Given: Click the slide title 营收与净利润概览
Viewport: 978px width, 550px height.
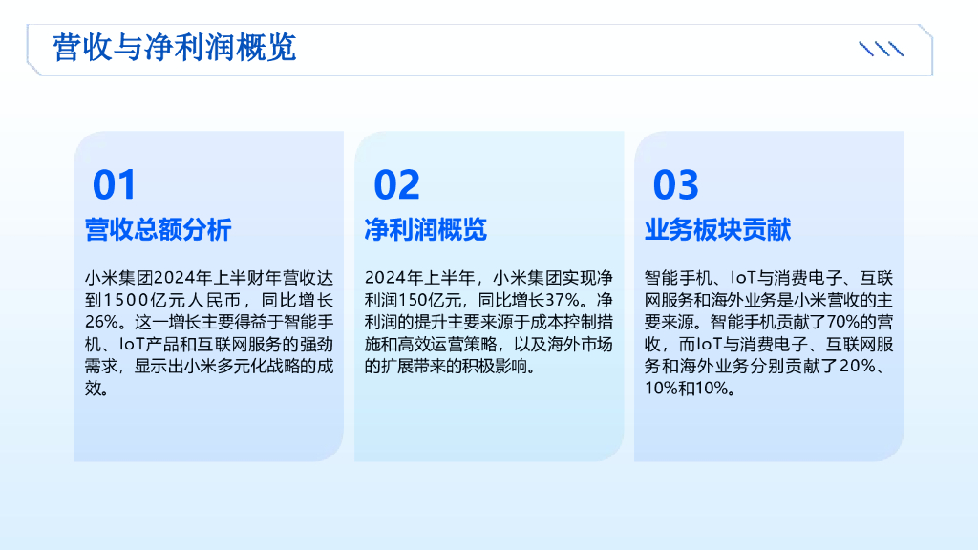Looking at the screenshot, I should coord(175,48).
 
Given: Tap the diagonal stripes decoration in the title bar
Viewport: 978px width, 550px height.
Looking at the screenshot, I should coord(881,49).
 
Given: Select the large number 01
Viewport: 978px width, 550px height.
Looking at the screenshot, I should coord(115,184).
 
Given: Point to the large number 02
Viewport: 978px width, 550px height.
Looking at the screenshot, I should coord(396,184).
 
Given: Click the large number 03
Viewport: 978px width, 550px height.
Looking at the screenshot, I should coord(675,184).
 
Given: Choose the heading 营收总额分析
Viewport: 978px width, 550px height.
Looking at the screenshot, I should coord(158,230).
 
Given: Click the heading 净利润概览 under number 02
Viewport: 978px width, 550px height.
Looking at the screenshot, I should coord(425,230).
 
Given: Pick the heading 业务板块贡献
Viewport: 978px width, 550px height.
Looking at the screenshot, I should coord(717,230).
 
